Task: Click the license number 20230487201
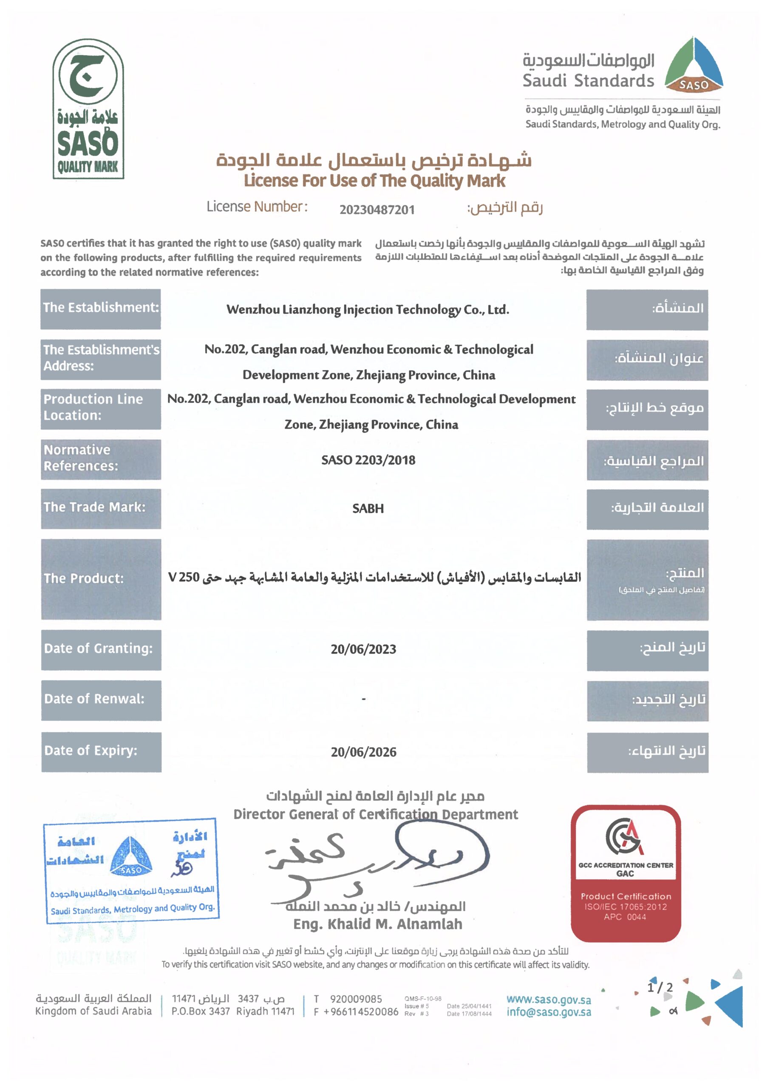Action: (377, 210)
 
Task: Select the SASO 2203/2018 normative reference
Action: (368, 460)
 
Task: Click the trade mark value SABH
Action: (368, 509)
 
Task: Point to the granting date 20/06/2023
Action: (363, 649)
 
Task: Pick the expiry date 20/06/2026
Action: (363, 752)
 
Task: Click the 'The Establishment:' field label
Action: (101, 308)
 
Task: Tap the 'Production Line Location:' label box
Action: (101, 408)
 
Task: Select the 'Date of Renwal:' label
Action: (101, 699)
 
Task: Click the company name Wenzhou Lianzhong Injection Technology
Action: (368, 309)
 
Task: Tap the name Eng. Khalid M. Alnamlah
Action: (377, 924)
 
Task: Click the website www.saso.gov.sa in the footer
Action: (549, 999)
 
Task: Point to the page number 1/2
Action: (660, 988)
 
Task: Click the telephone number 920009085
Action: (356, 999)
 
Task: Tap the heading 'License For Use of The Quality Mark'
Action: (374, 181)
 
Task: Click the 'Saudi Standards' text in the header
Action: (588, 81)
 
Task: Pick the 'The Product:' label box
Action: (101, 579)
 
